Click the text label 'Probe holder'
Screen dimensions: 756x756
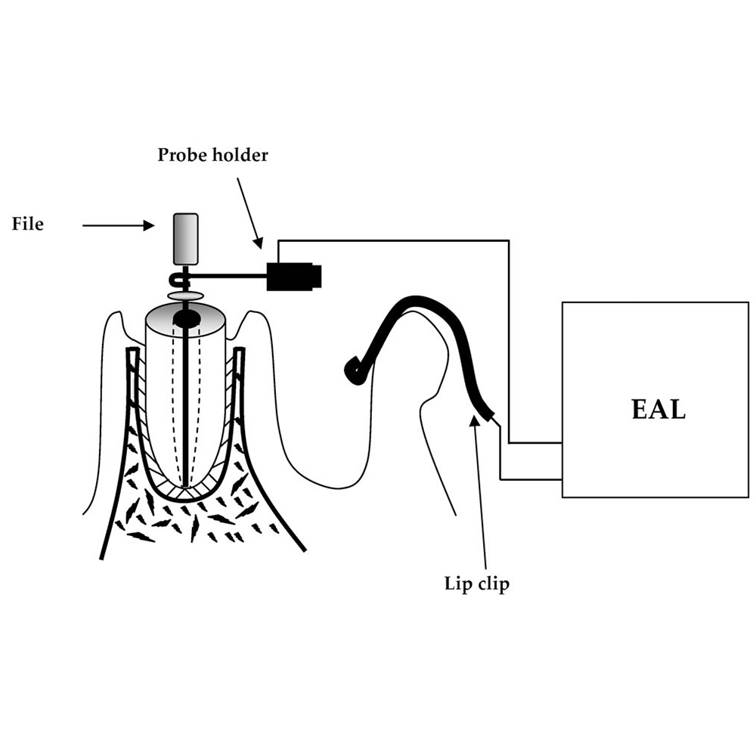212,156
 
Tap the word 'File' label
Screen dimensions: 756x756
28,225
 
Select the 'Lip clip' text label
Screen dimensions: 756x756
476,584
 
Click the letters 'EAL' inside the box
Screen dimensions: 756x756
658,409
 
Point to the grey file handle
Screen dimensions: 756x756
185,239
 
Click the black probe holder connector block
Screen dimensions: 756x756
294,277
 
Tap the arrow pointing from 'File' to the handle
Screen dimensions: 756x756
117,225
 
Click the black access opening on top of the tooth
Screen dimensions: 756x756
187,319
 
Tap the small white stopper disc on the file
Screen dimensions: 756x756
185,293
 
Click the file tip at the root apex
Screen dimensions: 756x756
185,484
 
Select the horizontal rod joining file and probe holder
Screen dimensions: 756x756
227,277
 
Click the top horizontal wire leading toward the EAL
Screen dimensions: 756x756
393,240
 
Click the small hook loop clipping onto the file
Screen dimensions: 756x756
178,277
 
